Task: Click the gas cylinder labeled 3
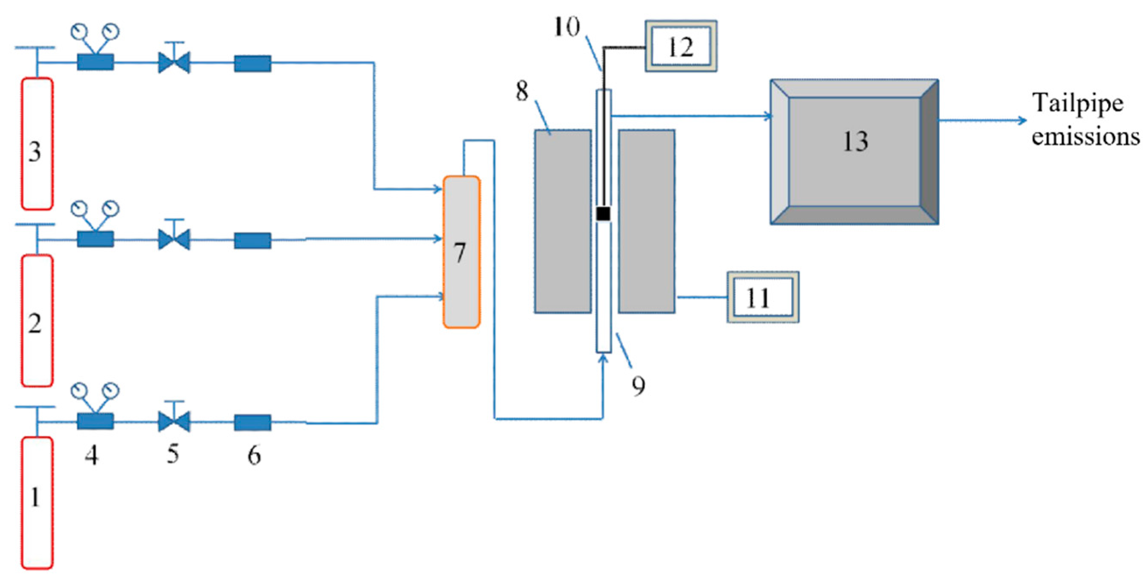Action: (x=37, y=143)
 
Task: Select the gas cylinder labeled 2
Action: (x=37, y=321)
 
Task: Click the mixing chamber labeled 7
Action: (x=461, y=252)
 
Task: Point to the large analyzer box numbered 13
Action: (x=854, y=152)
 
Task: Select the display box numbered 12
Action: (x=681, y=46)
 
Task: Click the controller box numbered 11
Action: (x=762, y=297)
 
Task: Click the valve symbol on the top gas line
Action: (x=174, y=63)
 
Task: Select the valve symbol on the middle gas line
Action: (x=174, y=239)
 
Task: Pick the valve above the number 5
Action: (x=174, y=421)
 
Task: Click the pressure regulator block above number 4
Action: (x=95, y=421)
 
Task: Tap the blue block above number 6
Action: (x=252, y=423)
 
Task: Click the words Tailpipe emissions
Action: (x=1085, y=119)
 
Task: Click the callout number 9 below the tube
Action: (x=639, y=385)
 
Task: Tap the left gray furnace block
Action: (x=563, y=221)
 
